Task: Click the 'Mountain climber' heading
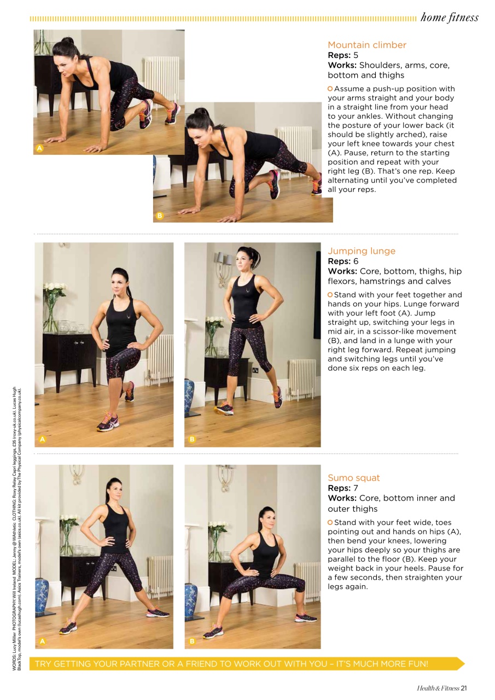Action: click(x=366, y=45)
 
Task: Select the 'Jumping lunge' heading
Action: click(x=361, y=251)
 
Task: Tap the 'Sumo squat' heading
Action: click(x=353, y=477)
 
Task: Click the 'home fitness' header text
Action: click(x=449, y=17)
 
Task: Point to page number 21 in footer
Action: click(x=463, y=688)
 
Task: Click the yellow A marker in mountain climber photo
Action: click(x=39, y=148)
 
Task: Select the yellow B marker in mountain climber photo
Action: click(x=159, y=216)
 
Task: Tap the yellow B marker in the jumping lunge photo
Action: click(x=191, y=439)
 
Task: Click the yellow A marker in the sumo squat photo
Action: click(x=42, y=641)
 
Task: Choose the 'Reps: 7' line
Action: click(x=343, y=488)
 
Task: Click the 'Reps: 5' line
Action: click(x=343, y=55)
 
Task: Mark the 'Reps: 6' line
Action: click(x=343, y=261)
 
